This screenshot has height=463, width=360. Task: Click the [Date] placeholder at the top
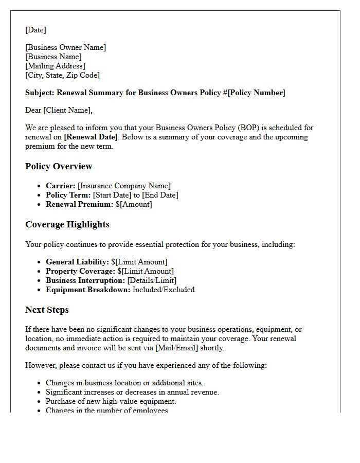(35, 30)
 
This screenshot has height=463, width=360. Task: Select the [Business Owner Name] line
(65, 47)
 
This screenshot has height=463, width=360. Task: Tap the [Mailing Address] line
(55, 66)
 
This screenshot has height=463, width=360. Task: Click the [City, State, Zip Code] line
(62, 75)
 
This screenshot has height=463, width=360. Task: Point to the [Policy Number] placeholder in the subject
(257, 93)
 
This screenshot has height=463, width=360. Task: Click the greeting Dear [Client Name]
(59, 110)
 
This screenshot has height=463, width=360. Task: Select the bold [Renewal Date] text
(91, 137)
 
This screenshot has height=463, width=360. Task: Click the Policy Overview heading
(59, 166)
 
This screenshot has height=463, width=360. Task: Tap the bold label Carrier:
(61, 186)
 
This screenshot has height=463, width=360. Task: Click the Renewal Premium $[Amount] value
(135, 204)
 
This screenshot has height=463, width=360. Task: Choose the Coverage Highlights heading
(67, 224)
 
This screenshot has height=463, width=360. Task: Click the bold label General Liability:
(77, 262)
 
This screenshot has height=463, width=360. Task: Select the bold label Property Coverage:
(80, 271)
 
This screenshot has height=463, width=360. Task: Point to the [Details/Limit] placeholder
(152, 280)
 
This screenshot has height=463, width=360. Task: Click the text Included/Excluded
(164, 290)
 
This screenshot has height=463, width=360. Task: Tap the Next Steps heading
(47, 310)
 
